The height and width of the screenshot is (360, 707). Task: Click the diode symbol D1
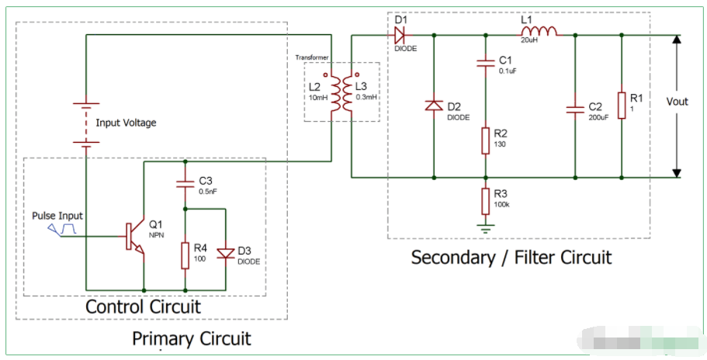[x=400, y=35]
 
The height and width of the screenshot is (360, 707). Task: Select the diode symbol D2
[x=433, y=106]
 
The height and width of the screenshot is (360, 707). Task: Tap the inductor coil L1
[x=540, y=33]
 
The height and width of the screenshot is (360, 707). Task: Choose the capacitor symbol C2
[x=575, y=108]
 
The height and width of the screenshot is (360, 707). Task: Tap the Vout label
[x=678, y=102]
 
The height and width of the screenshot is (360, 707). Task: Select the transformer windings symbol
[x=341, y=92]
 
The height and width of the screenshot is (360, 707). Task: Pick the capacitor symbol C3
[x=185, y=185]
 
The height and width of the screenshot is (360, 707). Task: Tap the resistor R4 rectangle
[x=185, y=254]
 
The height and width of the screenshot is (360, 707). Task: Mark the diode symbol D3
[x=225, y=253]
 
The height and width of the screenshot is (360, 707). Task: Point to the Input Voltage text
[x=126, y=123]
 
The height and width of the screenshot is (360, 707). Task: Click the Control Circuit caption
[x=143, y=306]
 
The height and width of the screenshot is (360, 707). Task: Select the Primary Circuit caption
[x=191, y=339]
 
